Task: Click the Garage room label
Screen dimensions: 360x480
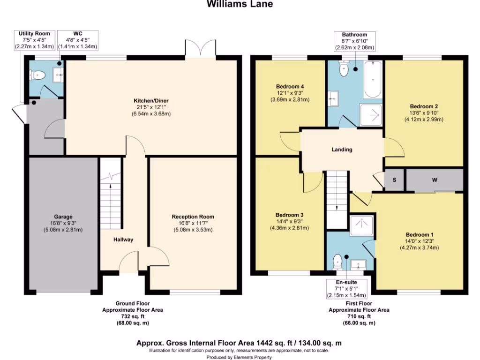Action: [x=63, y=217]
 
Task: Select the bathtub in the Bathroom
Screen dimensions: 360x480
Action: [x=374, y=80]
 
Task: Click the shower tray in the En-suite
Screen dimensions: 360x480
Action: [x=361, y=225]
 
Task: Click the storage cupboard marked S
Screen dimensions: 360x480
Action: [x=394, y=180]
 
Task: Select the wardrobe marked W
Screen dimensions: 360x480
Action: [x=435, y=180]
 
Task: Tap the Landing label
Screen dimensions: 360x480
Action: [x=342, y=150]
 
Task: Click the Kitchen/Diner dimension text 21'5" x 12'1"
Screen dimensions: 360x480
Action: [x=151, y=107]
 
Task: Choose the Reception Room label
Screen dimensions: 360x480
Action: [x=193, y=217]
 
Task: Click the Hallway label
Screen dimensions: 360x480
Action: [x=123, y=240]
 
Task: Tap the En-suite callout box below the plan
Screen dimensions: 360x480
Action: [x=347, y=289]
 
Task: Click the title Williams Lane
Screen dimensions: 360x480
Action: [x=240, y=4]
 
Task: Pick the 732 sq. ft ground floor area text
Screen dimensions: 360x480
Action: [x=133, y=316]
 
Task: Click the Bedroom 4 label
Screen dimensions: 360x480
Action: [x=290, y=87]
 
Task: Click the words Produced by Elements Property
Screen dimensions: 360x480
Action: [x=240, y=357]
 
